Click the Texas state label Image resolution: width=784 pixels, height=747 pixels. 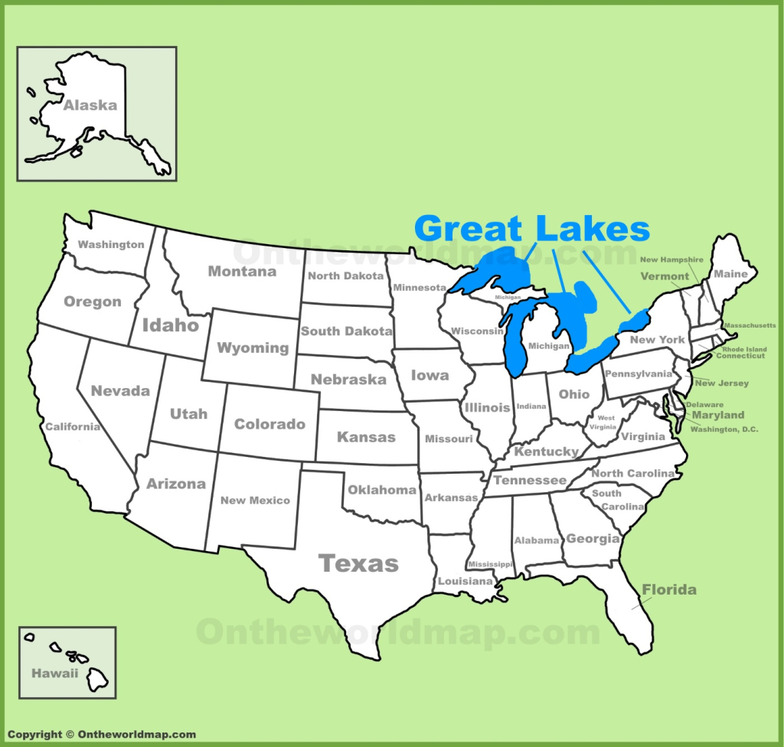tap(358, 564)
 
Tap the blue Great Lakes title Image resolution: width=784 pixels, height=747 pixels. tap(532, 229)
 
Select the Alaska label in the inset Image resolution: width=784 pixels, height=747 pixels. tap(90, 106)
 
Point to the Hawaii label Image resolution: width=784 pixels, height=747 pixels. tap(54, 674)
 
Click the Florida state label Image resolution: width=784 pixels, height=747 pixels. tap(669, 589)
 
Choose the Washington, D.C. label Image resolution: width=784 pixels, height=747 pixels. tap(724, 429)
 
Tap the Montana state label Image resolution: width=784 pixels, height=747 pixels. tap(242, 271)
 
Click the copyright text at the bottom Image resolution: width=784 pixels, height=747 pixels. tap(102, 735)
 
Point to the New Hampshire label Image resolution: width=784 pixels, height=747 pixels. tap(671, 260)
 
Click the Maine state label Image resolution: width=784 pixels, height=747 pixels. tap(730, 273)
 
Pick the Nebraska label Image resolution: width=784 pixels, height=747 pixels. tap(348, 379)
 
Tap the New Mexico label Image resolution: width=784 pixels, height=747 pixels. tap(255, 501)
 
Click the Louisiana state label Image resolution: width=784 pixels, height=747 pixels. tap(465, 582)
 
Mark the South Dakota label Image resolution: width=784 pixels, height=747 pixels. tap(346, 331)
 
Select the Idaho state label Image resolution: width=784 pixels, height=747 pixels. tap(170, 325)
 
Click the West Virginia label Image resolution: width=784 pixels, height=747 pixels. tap(606, 423)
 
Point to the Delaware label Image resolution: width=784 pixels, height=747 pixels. tap(704, 404)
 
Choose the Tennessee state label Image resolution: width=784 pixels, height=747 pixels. tap(530, 481)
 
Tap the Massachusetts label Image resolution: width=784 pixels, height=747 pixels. tap(750, 325)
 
